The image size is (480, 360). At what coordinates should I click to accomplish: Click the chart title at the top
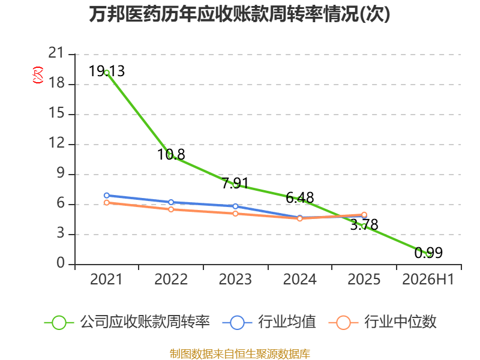[239, 14]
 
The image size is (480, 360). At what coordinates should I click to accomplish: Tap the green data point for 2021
[107, 73]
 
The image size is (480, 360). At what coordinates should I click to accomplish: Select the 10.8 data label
[171, 154]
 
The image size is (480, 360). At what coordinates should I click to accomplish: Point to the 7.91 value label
[235, 183]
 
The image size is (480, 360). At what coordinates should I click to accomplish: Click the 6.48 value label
[299, 197]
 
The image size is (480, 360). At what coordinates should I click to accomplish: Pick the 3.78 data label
[364, 224]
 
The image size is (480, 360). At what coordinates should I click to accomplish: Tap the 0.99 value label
[428, 253]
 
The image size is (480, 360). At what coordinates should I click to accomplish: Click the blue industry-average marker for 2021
[107, 196]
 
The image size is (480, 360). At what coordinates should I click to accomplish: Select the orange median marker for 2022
[171, 209]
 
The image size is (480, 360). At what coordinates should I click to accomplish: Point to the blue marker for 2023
[235, 206]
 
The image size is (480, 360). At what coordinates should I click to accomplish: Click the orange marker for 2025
[364, 215]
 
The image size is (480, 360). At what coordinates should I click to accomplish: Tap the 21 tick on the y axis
[56, 53]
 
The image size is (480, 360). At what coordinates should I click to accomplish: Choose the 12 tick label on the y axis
[56, 143]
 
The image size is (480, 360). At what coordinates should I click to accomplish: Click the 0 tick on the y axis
[61, 263]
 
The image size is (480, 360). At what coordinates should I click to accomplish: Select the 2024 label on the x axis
[299, 279]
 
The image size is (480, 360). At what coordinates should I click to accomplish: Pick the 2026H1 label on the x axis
[428, 279]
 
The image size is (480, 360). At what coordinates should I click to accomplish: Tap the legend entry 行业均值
[269, 322]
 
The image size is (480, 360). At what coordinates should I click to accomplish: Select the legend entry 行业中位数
[382, 322]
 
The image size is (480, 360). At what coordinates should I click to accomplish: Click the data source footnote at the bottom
[240, 354]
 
